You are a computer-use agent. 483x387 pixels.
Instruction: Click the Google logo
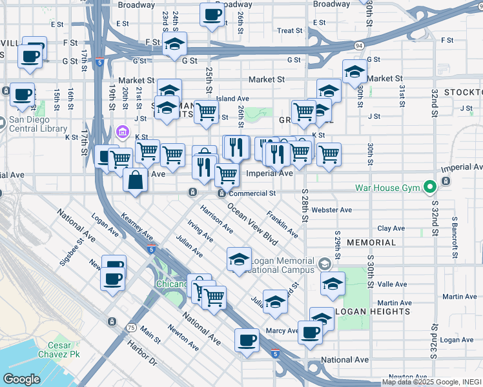click(x=21, y=379)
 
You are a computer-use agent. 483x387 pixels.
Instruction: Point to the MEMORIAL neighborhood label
click(x=371, y=243)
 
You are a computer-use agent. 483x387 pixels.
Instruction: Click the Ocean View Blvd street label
click(x=252, y=224)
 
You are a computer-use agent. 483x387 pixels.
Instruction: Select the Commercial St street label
click(x=252, y=193)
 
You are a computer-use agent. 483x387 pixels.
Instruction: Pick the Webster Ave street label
click(x=331, y=210)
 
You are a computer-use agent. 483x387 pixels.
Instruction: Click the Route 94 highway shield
click(x=358, y=46)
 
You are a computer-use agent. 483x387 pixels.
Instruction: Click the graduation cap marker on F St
click(x=174, y=45)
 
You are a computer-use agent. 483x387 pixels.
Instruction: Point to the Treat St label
click(x=289, y=30)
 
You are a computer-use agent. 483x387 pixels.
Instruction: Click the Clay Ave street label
click(x=391, y=228)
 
